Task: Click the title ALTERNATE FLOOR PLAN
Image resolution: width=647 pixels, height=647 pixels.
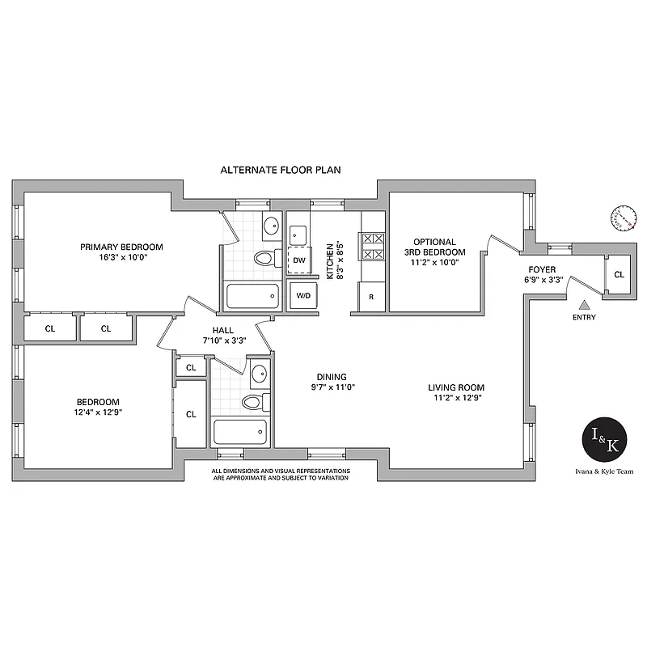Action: click(281, 171)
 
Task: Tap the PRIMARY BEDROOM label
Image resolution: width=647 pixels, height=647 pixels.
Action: click(121, 247)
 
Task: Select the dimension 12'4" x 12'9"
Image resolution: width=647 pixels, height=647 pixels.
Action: click(99, 412)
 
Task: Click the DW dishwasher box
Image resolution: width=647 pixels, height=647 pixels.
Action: click(298, 260)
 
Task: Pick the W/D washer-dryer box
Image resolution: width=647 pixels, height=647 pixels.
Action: click(303, 296)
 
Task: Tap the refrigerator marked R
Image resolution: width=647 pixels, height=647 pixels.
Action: click(371, 297)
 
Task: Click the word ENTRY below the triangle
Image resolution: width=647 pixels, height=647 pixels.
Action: click(583, 317)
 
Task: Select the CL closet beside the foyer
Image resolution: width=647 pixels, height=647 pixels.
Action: click(619, 274)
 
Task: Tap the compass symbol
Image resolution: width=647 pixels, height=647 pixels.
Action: click(623, 218)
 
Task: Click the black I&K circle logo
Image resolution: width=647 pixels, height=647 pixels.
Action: click(606, 440)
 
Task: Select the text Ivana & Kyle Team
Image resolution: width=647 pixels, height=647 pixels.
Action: click(606, 472)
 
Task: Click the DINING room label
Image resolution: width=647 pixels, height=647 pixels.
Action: click(332, 377)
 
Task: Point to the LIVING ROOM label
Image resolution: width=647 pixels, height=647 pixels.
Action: click(456, 387)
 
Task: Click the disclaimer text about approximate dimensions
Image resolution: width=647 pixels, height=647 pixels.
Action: click(281, 474)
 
